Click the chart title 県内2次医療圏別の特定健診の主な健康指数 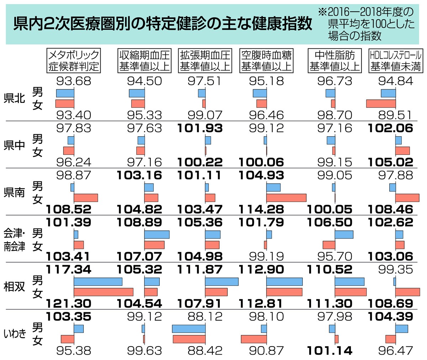(162, 25)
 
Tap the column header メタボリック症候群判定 (74, 61)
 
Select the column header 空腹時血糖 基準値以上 (267, 61)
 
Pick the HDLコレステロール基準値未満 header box (396, 61)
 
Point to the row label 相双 (15, 287)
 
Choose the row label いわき (15, 334)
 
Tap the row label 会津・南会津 (15, 240)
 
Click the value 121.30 (68, 303)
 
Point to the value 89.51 (395, 115)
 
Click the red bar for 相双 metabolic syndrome (103, 292)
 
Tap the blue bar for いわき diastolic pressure (189, 328)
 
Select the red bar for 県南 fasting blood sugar (286, 198)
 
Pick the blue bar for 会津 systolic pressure (157, 235)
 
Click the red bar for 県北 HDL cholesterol (381, 104)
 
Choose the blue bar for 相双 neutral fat (349, 282)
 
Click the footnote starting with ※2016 (367, 24)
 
